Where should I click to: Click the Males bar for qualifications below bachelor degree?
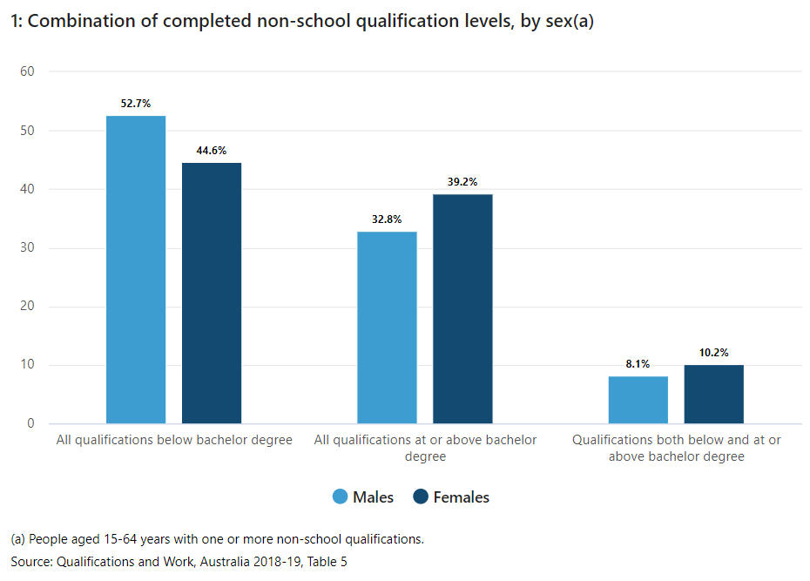[x=136, y=269]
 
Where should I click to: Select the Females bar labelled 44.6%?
[x=212, y=293]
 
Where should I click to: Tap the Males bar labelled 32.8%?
[x=388, y=328]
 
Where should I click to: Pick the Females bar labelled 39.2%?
[x=462, y=308]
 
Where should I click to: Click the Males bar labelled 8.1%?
[x=638, y=400]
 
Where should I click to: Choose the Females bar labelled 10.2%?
[x=714, y=394]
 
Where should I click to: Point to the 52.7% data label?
[x=136, y=104]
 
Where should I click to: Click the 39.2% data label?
[x=462, y=182]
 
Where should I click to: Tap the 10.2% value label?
[x=714, y=353]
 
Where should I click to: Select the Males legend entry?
[x=363, y=497]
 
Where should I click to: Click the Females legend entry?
[x=451, y=497]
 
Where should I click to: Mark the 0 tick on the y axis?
[x=30, y=424]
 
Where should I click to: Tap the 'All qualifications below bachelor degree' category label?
[x=174, y=440]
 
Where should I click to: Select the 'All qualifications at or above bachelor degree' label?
[x=425, y=448]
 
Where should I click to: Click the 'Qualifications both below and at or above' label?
[x=676, y=448]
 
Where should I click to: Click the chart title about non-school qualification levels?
[x=302, y=24]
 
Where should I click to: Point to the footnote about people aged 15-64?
[x=217, y=539]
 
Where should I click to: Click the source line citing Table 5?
[x=179, y=562]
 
